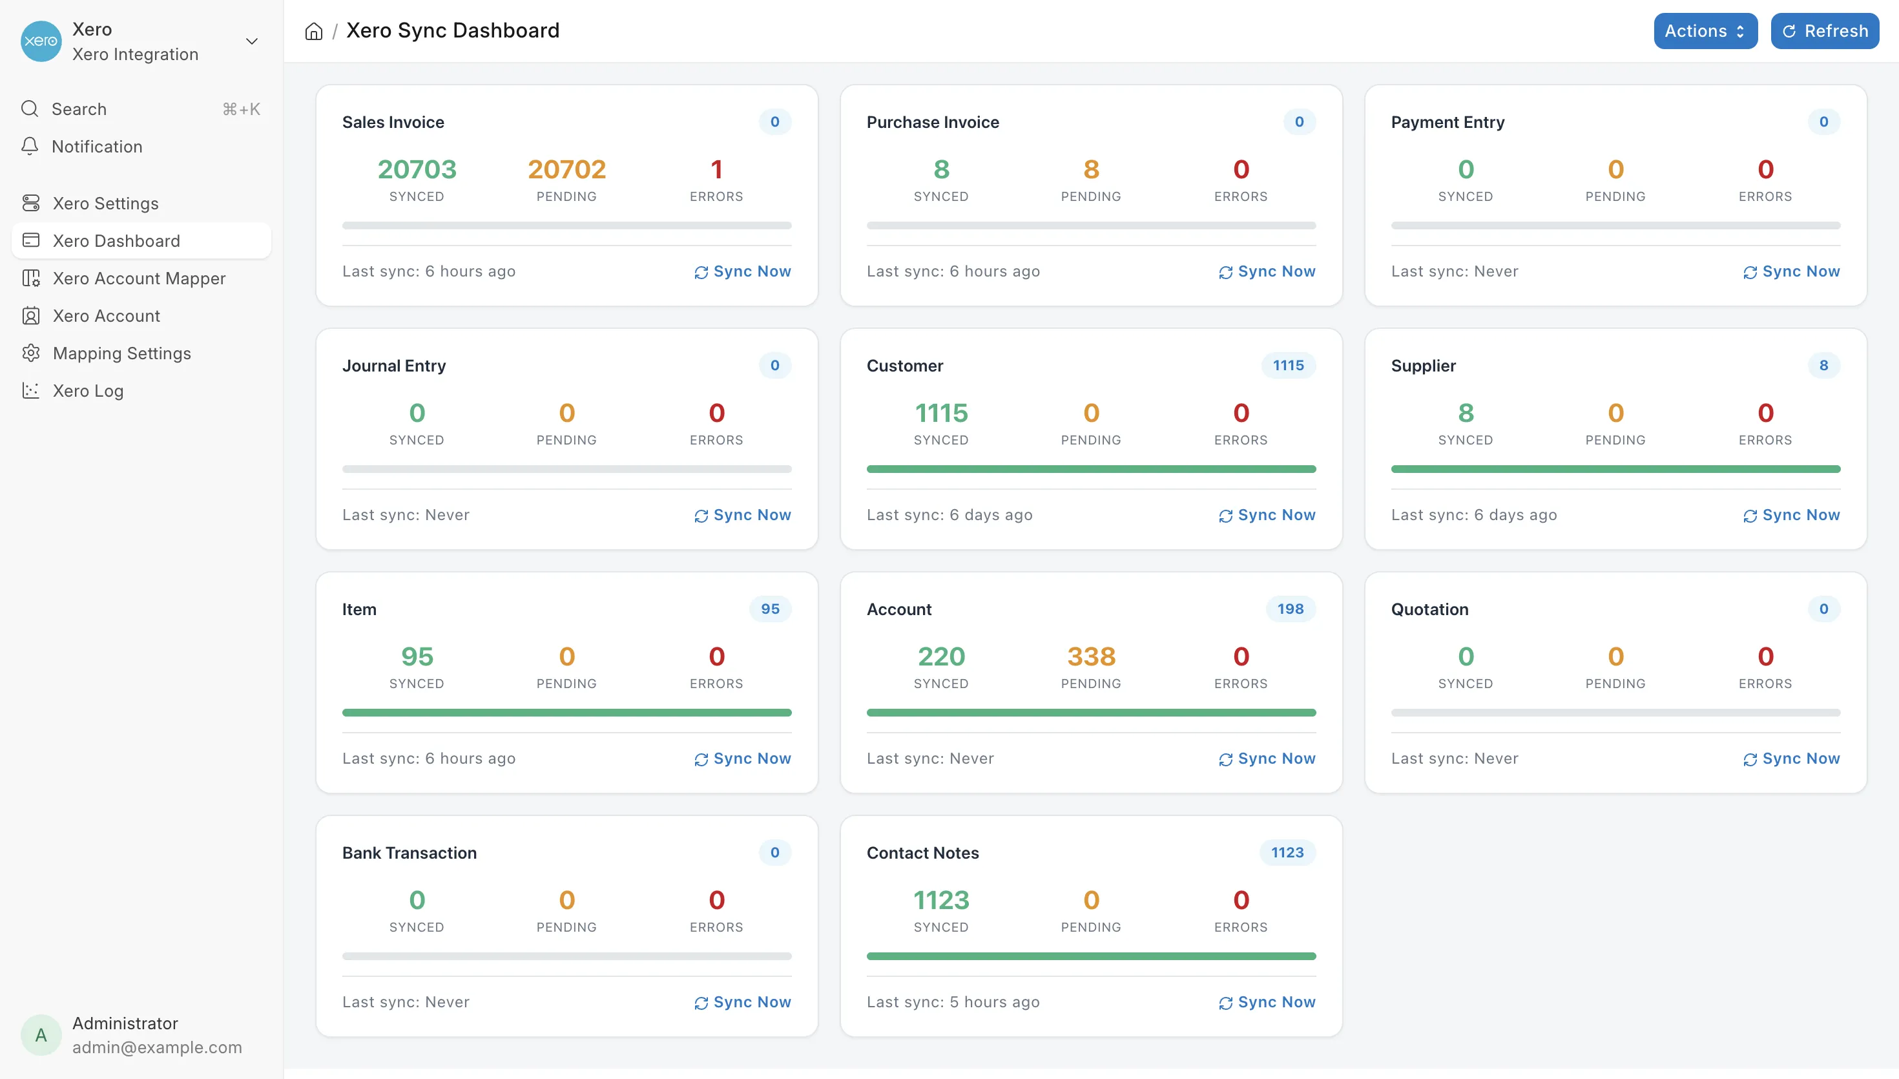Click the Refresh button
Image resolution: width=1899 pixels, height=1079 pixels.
click(x=1824, y=31)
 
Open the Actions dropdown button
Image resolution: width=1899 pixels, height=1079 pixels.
click(x=1705, y=31)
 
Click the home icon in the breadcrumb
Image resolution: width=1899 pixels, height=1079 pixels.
click(x=314, y=31)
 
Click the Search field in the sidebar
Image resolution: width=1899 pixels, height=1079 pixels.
click(x=141, y=109)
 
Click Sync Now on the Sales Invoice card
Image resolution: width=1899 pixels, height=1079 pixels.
click(x=742, y=271)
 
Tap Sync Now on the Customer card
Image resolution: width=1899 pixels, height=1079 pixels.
click(x=1267, y=515)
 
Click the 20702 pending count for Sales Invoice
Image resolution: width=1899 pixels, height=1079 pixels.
click(x=566, y=169)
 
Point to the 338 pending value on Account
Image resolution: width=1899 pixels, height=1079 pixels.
click(x=1091, y=656)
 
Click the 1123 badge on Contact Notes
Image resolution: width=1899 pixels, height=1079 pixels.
click(x=1287, y=852)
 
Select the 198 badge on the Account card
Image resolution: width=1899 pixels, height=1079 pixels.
click(x=1290, y=609)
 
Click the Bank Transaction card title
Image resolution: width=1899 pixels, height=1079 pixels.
click(x=410, y=852)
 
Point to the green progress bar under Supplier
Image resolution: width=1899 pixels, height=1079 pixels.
click(x=1615, y=469)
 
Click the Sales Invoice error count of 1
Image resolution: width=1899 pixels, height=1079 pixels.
click(x=716, y=169)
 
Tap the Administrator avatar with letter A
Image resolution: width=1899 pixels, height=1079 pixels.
click(x=41, y=1034)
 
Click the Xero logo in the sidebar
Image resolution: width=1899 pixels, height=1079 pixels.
click(x=41, y=41)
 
